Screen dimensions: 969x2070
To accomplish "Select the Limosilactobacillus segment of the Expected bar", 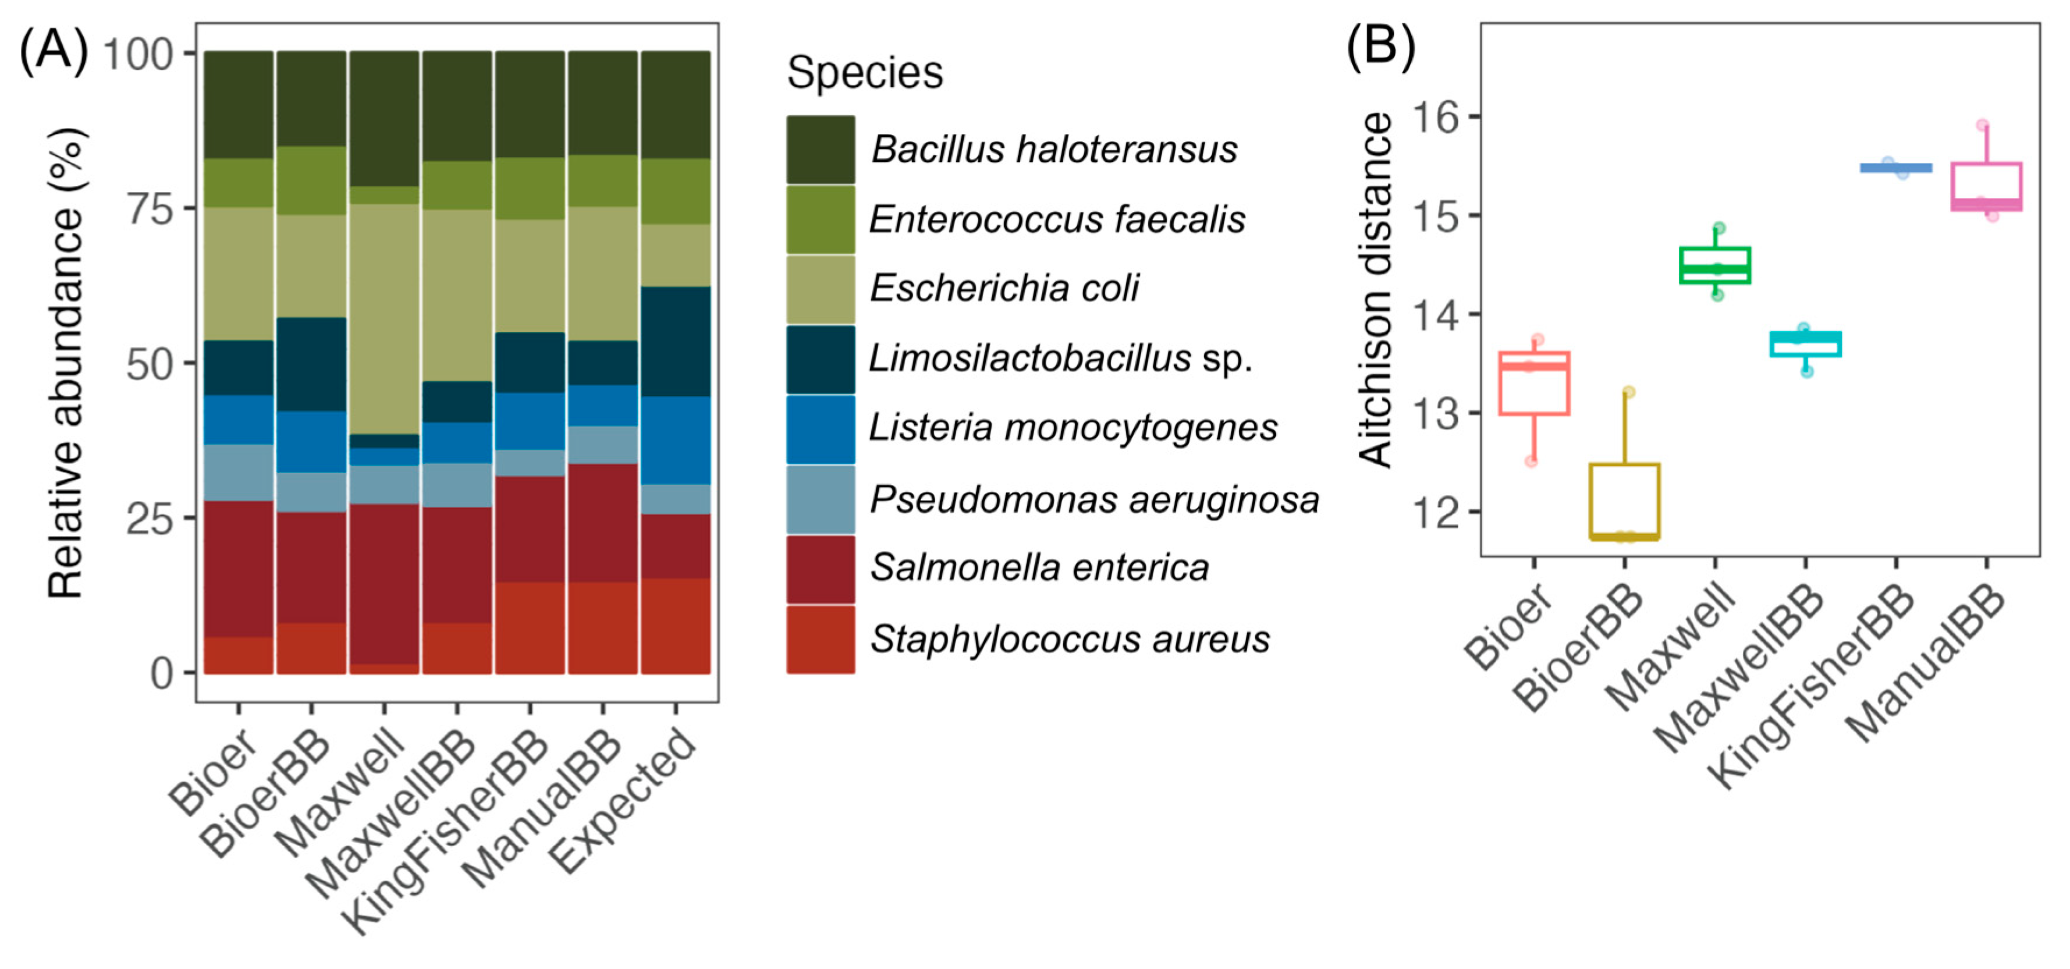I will click(675, 342).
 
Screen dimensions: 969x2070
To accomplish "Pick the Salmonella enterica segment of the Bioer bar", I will click(239, 569).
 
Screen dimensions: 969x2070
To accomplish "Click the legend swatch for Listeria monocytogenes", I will click(821, 429).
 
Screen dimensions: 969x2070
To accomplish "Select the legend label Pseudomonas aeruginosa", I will click(1095, 500).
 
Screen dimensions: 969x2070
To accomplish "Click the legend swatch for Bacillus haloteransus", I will click(821, 150).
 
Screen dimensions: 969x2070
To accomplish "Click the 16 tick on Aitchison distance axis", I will click(1435, 118).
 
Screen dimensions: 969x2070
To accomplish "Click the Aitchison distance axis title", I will click(1376, 289).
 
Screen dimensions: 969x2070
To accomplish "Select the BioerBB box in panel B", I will click(1625, 500).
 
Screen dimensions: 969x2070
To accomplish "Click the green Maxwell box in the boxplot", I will click(1716, 265).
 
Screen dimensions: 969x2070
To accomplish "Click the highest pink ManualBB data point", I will click(1982, 125).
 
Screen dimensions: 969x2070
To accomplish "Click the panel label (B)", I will click(1380, 47).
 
